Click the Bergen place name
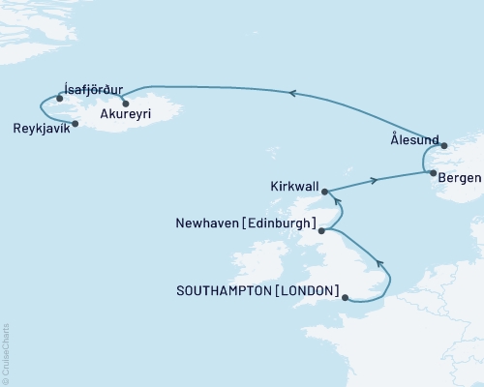(x=457, y=179)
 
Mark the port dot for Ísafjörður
(x=60, y=98)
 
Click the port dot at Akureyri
(x=126, y=101)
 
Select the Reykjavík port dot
(x=76, y=123)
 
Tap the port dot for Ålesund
(x=444, y=146)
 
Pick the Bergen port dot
(x=433, y=173)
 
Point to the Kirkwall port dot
(x=325, y=192)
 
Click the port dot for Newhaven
(x=321, y=230)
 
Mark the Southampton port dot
(x=346, y=298)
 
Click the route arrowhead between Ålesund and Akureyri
(x=292, y=93)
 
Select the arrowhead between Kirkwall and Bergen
(x=373, y=180)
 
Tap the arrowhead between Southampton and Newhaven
(x=380, y=263)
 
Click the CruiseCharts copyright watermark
(x=6, y=353)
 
